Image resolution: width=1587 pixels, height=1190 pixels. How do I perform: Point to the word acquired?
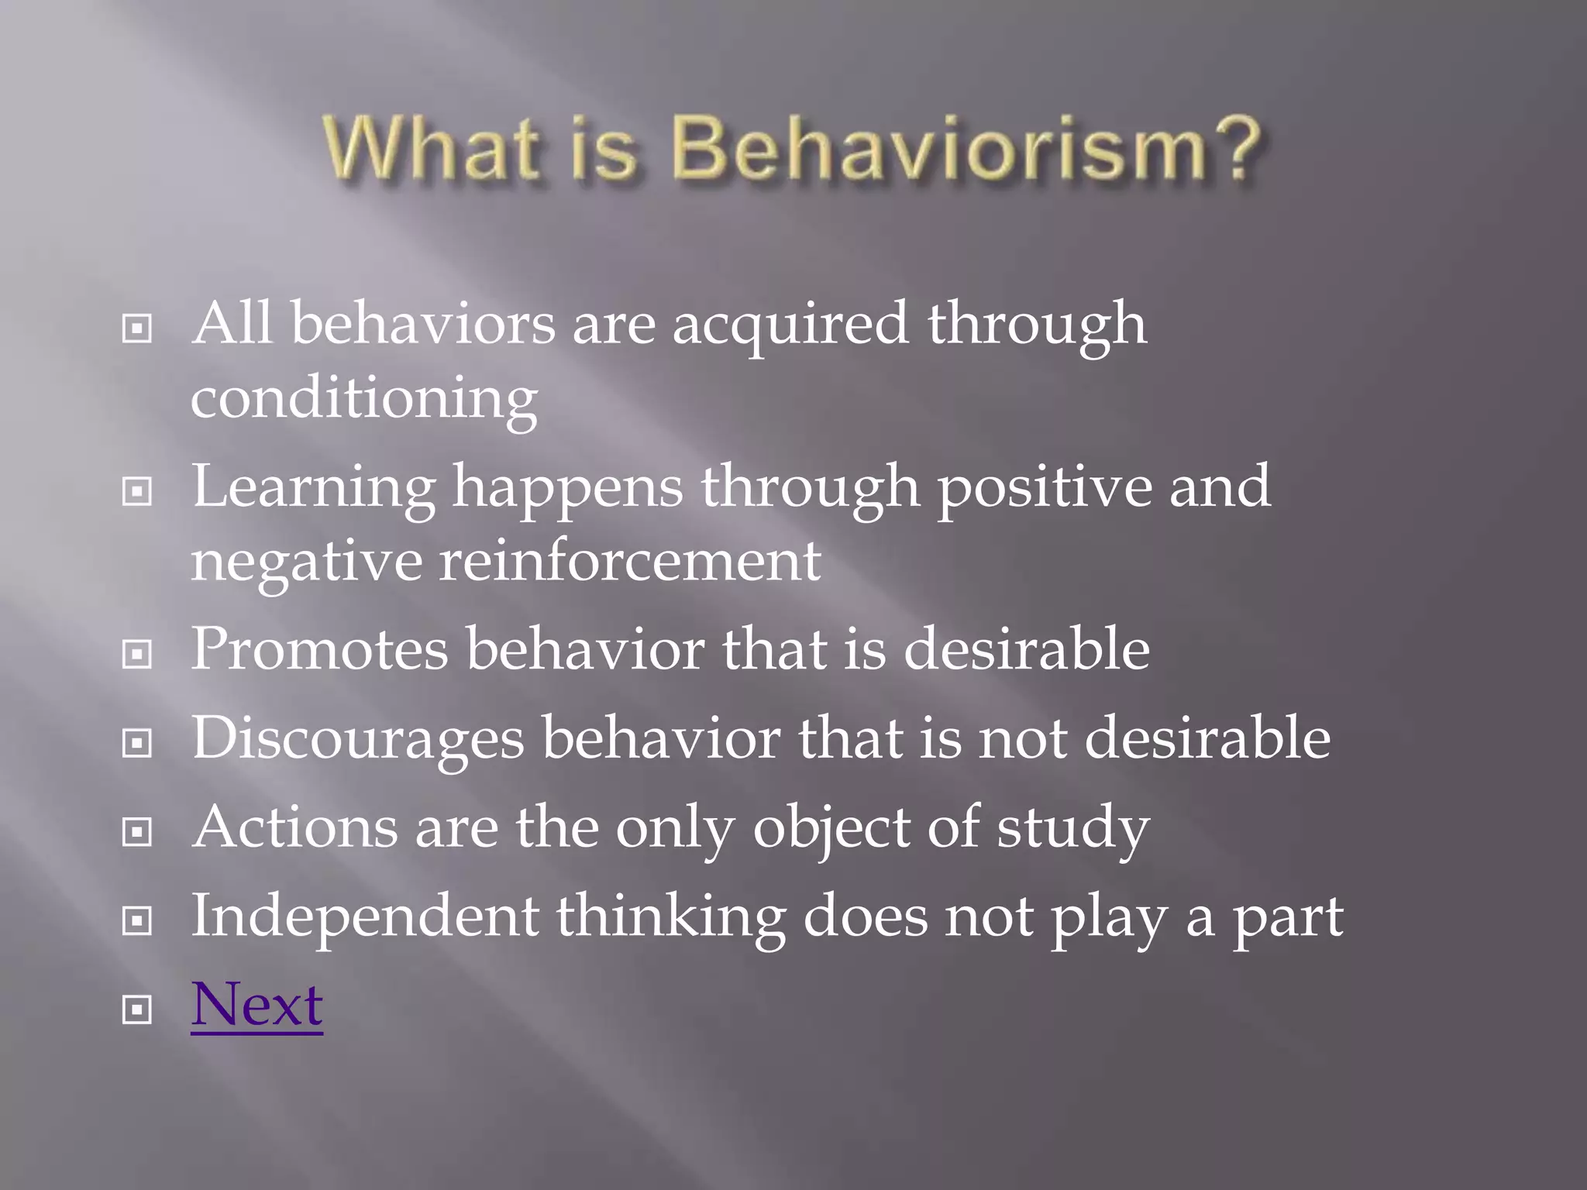coord(790,324)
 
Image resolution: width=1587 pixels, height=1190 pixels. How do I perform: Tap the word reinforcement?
coord(630,561)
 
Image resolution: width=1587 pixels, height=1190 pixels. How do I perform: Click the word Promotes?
coord(319,649)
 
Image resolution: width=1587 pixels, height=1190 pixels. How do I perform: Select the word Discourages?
coord(357,739)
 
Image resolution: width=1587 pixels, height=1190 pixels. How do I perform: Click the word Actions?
coord(294,827)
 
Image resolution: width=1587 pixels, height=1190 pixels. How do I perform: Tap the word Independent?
coord(365,917)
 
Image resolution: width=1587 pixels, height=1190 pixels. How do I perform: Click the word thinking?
coord(670,917)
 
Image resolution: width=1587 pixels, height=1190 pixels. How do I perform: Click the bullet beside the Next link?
coord(137,1009)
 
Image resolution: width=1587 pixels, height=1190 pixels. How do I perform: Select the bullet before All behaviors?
coord(137,328)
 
